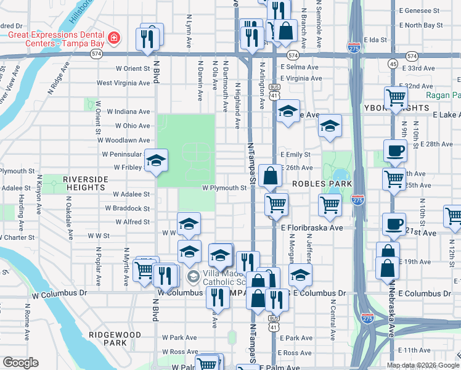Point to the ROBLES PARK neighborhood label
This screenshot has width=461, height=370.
(x=322, y=184)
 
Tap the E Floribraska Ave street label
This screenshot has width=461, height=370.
(x=312, y=228)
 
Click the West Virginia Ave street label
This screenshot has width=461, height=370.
(x=123, y=83)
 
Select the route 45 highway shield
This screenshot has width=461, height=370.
(x=393, y=64)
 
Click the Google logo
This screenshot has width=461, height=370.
(x=21, y=362)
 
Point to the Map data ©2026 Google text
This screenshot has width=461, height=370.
(x=422, y=365)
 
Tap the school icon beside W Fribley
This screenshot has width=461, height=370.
(x=157, y=162)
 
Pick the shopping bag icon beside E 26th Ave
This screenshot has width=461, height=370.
(x=270, y=176)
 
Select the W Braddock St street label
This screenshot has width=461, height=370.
(x=128, y=209)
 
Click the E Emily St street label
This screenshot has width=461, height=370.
(x=295, y=154)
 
